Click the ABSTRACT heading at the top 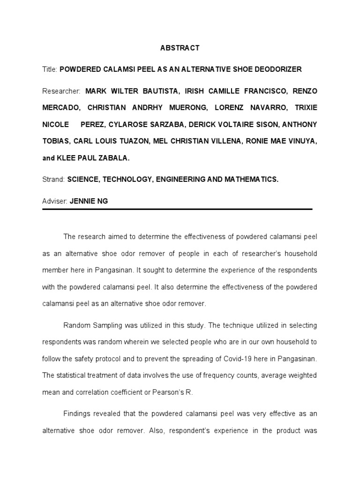pos(180,48)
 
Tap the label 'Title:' pos(50,69)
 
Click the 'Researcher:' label pos(61,90)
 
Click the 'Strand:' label pos(53,180)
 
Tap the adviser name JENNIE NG pos(88,201)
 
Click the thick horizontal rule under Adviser pos(177,209)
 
